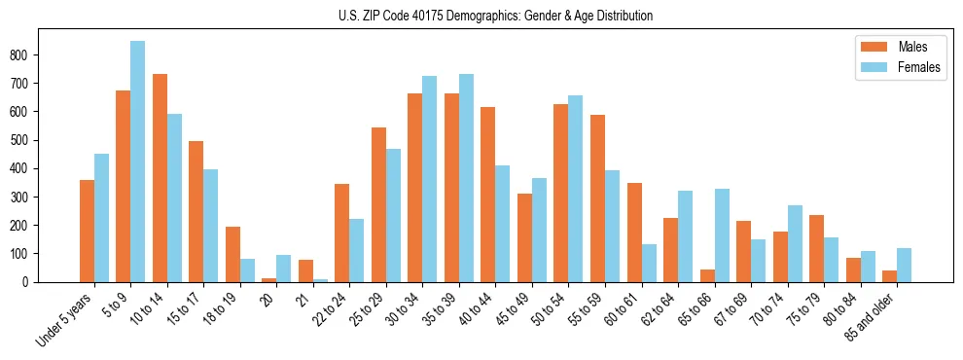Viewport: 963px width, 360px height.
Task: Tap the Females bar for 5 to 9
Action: click(x=137, y=162)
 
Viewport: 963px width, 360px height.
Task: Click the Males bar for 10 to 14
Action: click(x=160, y=178)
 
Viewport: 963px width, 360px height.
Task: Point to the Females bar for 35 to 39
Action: click(x=466, y=178)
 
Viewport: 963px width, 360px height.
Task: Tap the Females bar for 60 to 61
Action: click(x=648, y=263)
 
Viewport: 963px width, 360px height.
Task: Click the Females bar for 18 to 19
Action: click(x=247, y=270)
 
